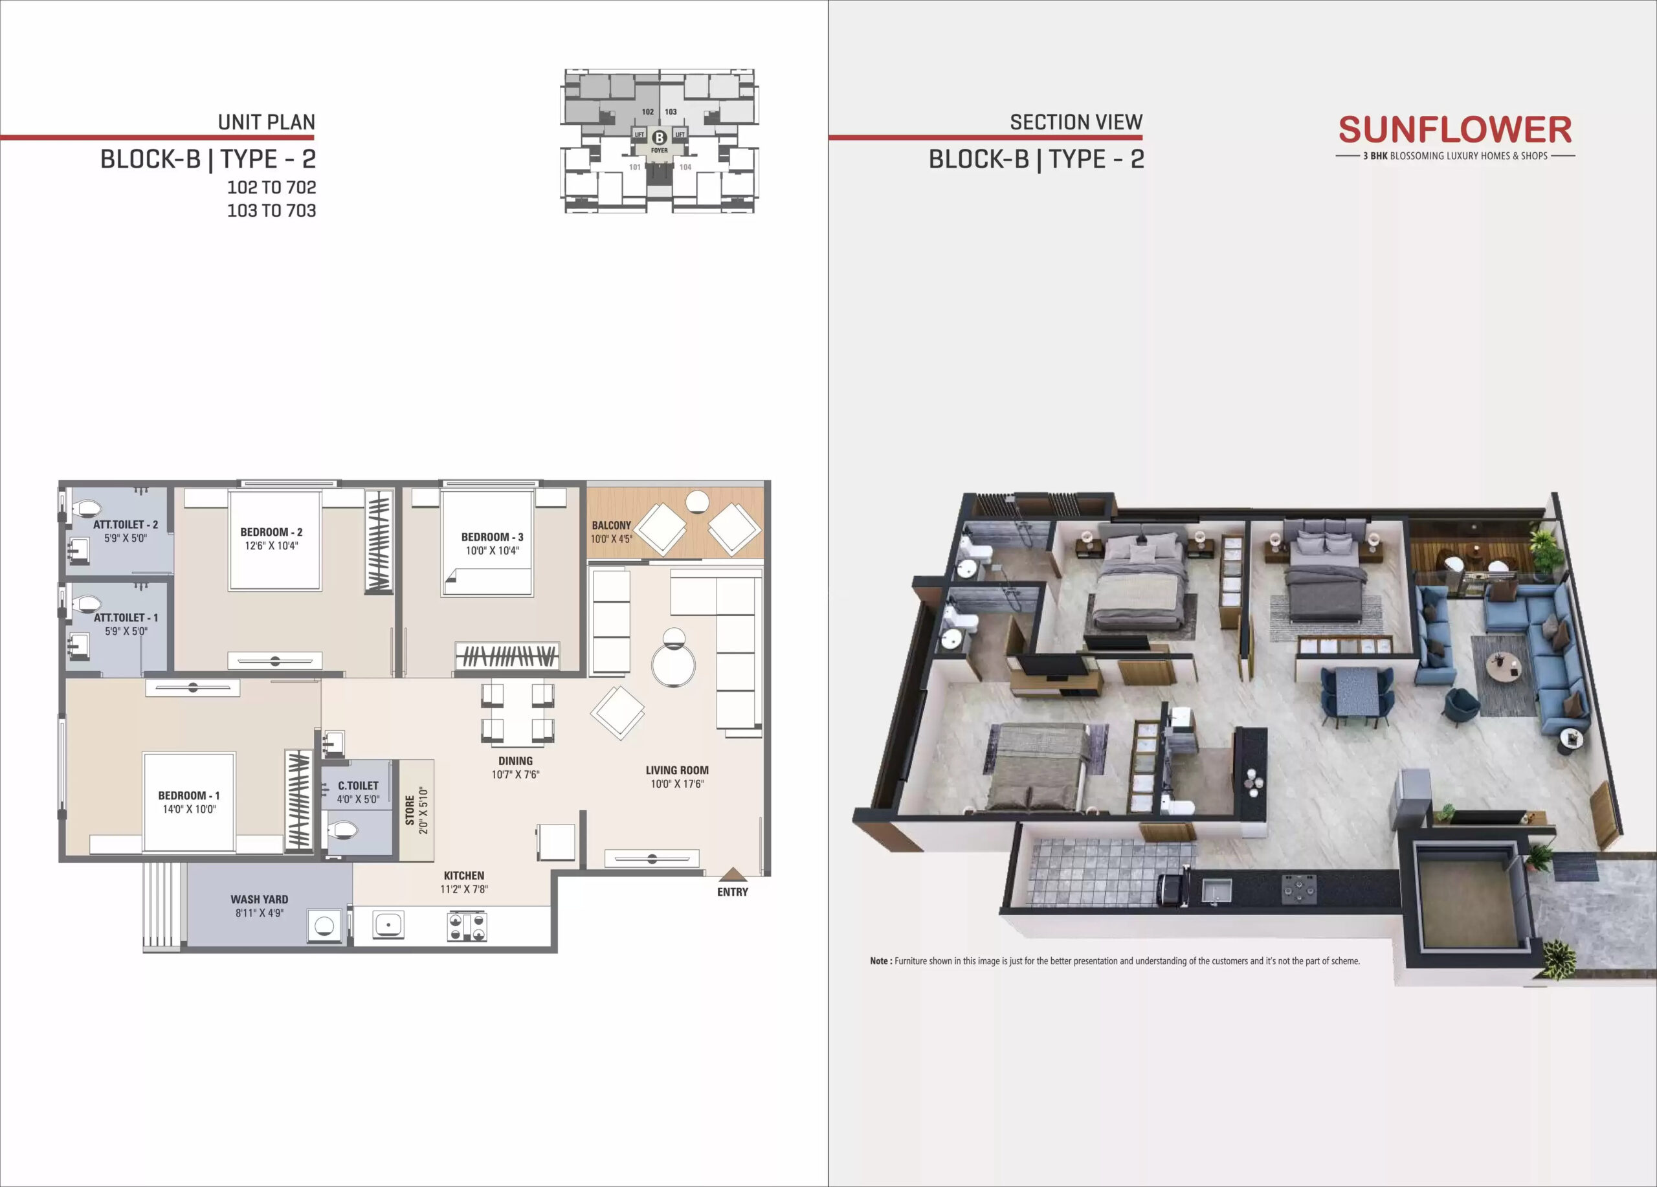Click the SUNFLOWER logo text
pos(1454,130)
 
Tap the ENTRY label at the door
pos(732,892)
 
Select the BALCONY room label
pos(611,525)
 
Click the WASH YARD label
pos(260,899)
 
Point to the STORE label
pos(410,811)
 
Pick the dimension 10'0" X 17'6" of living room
pos(677,784)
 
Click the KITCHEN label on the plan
pos(464,875)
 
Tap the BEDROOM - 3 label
pos(493,537)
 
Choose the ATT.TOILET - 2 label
pos(126,524)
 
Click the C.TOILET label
pos(358,785)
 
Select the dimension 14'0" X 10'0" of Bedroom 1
pos(189,808)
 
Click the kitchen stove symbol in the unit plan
pos(467,927)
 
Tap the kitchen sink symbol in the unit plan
pos(388,925)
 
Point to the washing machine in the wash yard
pos(324,926)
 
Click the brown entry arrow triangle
pos(733,874)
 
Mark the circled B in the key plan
pos(659,137)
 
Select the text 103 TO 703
pos(272,210)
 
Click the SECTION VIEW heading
pos(1076,122)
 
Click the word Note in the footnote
pos(880,961)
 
